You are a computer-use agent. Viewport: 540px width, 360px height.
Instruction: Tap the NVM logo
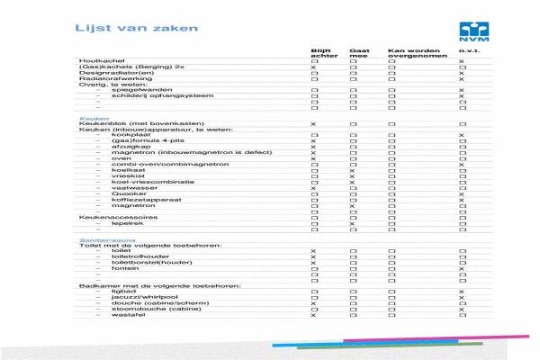[x=472, y=31]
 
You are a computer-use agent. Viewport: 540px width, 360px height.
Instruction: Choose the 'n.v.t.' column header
[x=467, y=49]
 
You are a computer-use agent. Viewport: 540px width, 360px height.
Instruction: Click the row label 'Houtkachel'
[x=95, y=61]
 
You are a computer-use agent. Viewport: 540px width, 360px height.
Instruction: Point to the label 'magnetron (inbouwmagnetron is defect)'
[x=166, y=153]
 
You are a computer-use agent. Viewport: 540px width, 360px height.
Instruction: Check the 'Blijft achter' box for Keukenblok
[x=313, y=123]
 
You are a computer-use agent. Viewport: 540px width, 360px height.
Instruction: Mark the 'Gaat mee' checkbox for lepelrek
[x=353, y=223]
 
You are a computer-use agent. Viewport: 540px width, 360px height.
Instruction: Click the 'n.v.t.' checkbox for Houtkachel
[x=462, y=61]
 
